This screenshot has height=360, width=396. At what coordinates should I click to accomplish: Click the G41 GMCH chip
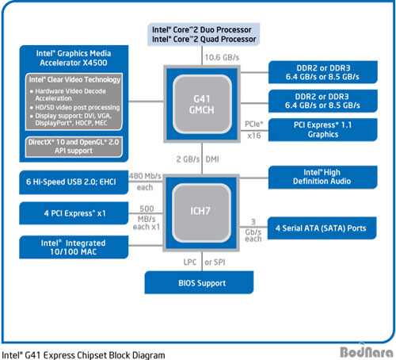click(x=202, y=104)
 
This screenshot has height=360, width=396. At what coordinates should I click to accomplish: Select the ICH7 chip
click(x=201, y=213)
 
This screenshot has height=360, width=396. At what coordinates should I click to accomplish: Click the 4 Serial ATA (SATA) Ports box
click(x=322, y=228)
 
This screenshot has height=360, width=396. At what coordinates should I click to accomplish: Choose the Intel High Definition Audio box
click(x=322, y=177)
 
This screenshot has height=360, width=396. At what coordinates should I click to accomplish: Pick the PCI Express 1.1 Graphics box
click(x=322, y=129)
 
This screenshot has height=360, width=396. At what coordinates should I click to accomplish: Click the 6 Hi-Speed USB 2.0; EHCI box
click(x=74, y=182)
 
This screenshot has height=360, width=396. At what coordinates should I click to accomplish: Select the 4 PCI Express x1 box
click(x=74, y=213)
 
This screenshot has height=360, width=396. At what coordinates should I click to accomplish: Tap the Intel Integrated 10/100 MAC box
click(x=74, y=247)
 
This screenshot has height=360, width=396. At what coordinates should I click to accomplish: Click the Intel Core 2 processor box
click(x=204, y=34)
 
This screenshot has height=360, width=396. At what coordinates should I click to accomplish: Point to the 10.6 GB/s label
click(x=222, y=57)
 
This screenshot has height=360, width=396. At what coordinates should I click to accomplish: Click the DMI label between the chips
click(x=212, y=159)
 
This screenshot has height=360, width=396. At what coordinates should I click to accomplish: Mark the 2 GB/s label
click(x=188, y=159)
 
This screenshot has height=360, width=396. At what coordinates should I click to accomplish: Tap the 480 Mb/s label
click(x=145, y=176)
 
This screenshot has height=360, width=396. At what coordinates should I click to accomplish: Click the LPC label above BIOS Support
click(x=190, y=262)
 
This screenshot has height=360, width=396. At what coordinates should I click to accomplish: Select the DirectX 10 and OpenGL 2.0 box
click(x=74, y=147)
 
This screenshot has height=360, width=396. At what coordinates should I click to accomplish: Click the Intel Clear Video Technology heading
click(x=74, y=79)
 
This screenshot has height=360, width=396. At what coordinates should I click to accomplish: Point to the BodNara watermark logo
click(x=367, y=351)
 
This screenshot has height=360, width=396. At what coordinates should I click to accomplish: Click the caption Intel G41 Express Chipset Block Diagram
click(x=83, y=355)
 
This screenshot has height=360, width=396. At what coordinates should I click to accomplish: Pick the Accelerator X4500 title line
click(x=74, y=63)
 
